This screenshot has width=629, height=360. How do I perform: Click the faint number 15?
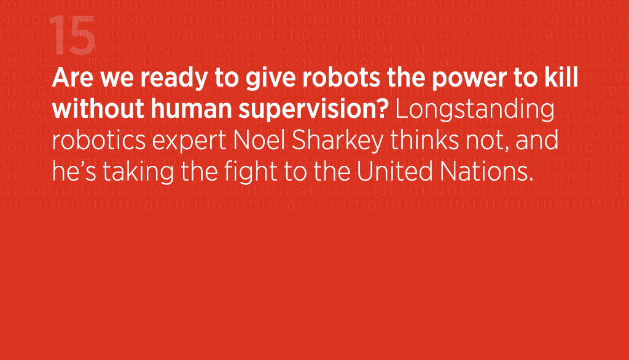click(72, 35)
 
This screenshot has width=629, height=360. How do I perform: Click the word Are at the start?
click(72, 77)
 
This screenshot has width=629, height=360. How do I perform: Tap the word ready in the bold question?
click(174, 79)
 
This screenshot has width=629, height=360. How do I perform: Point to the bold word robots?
click(341, 77)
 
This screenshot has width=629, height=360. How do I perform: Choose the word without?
click(98, 109)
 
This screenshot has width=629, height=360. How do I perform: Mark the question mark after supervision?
click(383, 109)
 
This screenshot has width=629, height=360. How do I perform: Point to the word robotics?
click(99, 140)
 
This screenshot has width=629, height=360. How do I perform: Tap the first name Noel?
click(259, 140)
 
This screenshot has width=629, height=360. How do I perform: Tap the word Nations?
click(487, 171)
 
